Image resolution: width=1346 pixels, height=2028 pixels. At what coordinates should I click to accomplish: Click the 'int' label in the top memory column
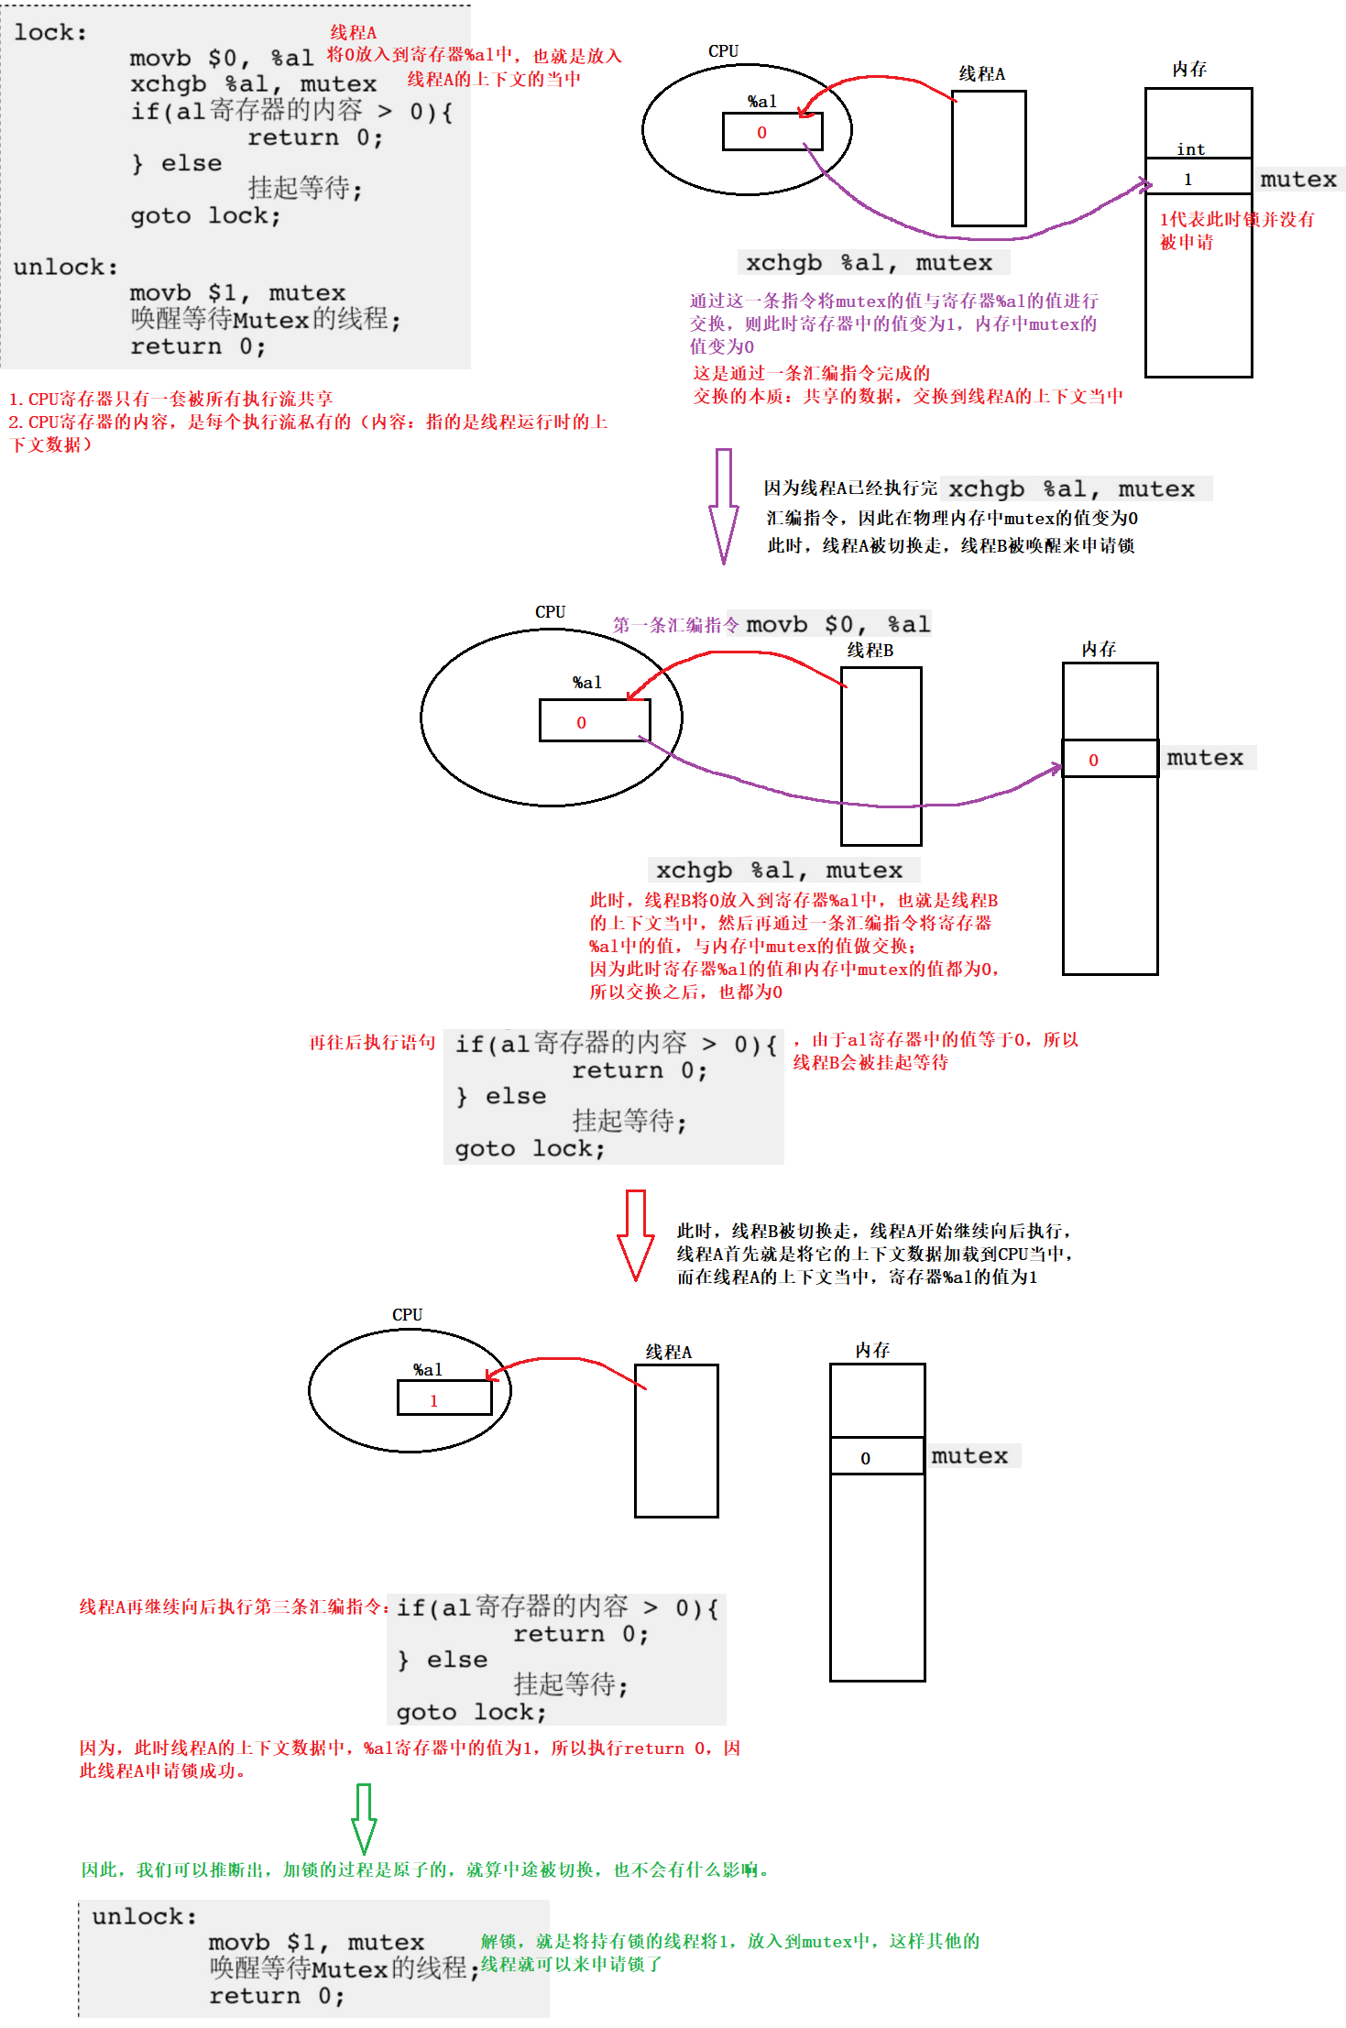1190,149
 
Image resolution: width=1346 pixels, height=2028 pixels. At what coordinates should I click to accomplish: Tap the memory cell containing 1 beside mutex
1198,177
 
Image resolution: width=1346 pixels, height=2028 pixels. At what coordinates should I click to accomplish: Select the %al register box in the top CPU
771,132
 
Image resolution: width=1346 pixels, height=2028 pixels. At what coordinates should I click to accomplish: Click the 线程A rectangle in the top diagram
988,159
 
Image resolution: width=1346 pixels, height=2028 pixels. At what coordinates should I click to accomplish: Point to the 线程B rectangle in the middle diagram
881,755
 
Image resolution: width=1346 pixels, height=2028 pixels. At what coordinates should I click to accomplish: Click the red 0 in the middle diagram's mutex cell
1093,760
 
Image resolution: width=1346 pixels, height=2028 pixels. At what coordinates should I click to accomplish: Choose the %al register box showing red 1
444,1398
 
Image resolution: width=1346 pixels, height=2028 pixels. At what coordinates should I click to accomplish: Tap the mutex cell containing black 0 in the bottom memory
876,1456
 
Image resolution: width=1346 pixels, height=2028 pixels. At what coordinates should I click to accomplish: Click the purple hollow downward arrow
723,505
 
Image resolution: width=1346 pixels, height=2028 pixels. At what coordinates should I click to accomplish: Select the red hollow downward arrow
636,1233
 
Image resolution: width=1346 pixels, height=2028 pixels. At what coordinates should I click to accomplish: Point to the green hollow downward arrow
364,1818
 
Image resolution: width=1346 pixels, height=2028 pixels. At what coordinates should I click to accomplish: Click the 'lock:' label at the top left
50,33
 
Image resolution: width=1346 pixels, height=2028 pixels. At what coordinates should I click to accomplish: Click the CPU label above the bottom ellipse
407,1315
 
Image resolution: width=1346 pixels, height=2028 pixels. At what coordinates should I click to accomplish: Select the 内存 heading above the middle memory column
1099,649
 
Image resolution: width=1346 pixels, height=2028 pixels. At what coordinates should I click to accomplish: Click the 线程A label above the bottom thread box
668,1352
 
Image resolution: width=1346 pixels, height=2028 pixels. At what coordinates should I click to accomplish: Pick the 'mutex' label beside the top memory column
1298,180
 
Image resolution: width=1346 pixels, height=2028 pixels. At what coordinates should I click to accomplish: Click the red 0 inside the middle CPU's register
581,722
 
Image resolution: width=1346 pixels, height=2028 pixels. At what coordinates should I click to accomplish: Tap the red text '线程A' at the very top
353,33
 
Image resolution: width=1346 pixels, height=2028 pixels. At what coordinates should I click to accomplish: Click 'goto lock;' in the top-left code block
205,216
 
